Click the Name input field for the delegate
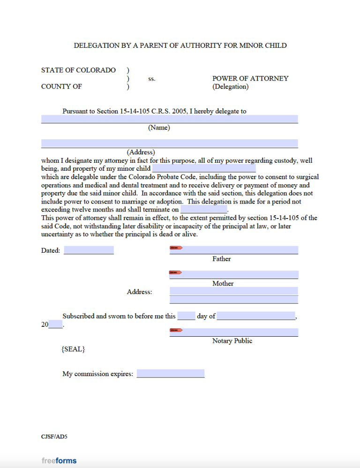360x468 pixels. (x=169, y=119)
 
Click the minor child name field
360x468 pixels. (x=204, y=168)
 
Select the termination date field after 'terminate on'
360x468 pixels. (x=203, y=209)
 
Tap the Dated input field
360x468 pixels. (x=89, y=250)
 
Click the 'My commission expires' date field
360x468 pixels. (x=171, y=374)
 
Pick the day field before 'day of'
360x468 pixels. (x=186, y=316)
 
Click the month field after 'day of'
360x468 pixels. (x=256, y=316)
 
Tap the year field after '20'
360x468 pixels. (x=55, y=324)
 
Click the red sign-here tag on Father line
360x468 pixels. (x=176, y=248)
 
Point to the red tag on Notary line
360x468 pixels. (x=176, y=331)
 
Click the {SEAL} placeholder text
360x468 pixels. (x=73, y=349)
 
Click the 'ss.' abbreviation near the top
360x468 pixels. (x=152, y=79)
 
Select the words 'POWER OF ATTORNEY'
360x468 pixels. (x=250, y=78)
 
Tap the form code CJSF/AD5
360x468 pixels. (x=54, y=437)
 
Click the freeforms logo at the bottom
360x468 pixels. (x=59, y=460)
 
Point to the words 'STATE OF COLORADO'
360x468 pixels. (x=78, y=70)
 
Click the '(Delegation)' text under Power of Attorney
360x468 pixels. (x=231, y=87)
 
